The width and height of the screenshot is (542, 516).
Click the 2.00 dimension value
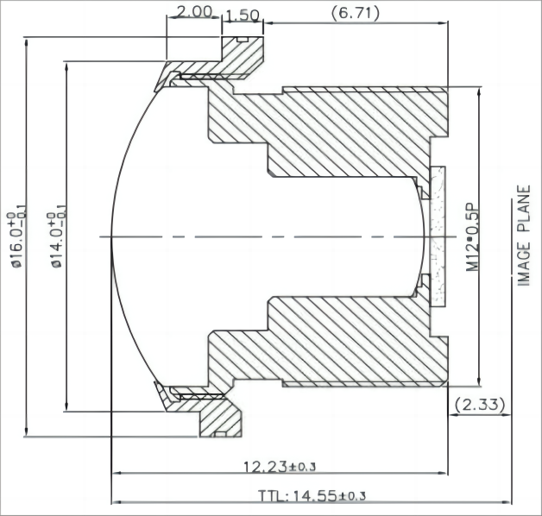(x=193, y=11)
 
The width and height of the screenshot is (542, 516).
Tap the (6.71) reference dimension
(x=356, y=11)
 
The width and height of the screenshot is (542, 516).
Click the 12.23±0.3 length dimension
(x=280, y=466)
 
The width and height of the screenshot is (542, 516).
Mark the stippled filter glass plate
(x=437, y=236)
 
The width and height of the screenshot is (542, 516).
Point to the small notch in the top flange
(x=243, y=39)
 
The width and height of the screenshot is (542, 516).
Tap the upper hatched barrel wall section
(x=345, y=129)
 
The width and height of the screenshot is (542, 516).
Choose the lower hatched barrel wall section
(x=345, y=341)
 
